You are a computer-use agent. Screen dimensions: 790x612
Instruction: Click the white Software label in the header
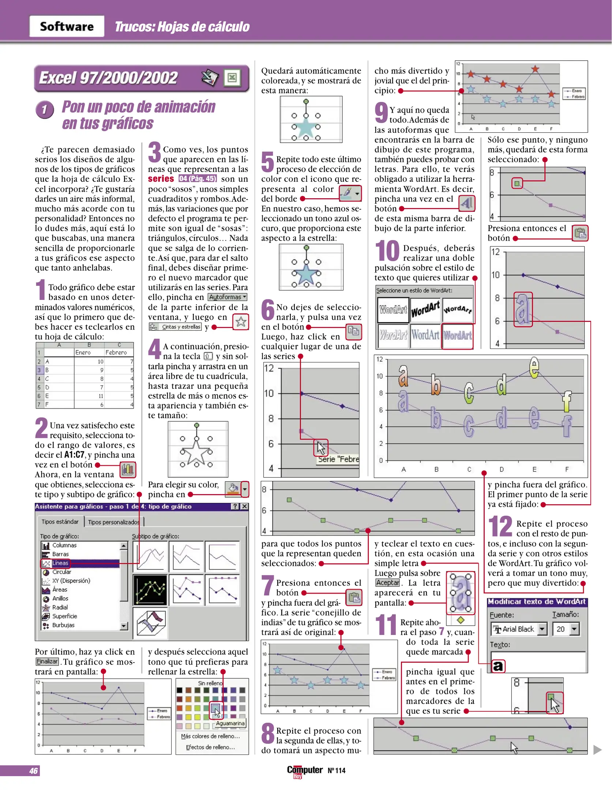(67, 26)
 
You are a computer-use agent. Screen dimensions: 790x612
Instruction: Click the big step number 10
(387, 251)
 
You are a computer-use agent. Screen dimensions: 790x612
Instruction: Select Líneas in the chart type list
(60, 563)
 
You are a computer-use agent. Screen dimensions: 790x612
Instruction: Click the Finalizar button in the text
(47, 662)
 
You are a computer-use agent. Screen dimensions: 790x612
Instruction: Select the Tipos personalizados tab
(113, 522)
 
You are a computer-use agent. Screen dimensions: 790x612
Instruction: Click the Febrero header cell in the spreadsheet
(116, 353)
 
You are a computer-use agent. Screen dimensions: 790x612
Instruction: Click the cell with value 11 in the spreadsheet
(101, 396)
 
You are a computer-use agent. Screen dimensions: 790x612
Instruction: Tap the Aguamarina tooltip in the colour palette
(230, 723)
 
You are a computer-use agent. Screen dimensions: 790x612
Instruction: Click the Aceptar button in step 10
(387, 583)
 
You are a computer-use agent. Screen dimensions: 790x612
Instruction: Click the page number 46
(33, 771)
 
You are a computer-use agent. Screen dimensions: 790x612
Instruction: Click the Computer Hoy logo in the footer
(304, 771)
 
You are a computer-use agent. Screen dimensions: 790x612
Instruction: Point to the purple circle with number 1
(45, 109)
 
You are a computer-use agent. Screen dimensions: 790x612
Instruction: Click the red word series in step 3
(161, 179)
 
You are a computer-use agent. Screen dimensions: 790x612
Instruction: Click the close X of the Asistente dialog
(245, 507)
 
